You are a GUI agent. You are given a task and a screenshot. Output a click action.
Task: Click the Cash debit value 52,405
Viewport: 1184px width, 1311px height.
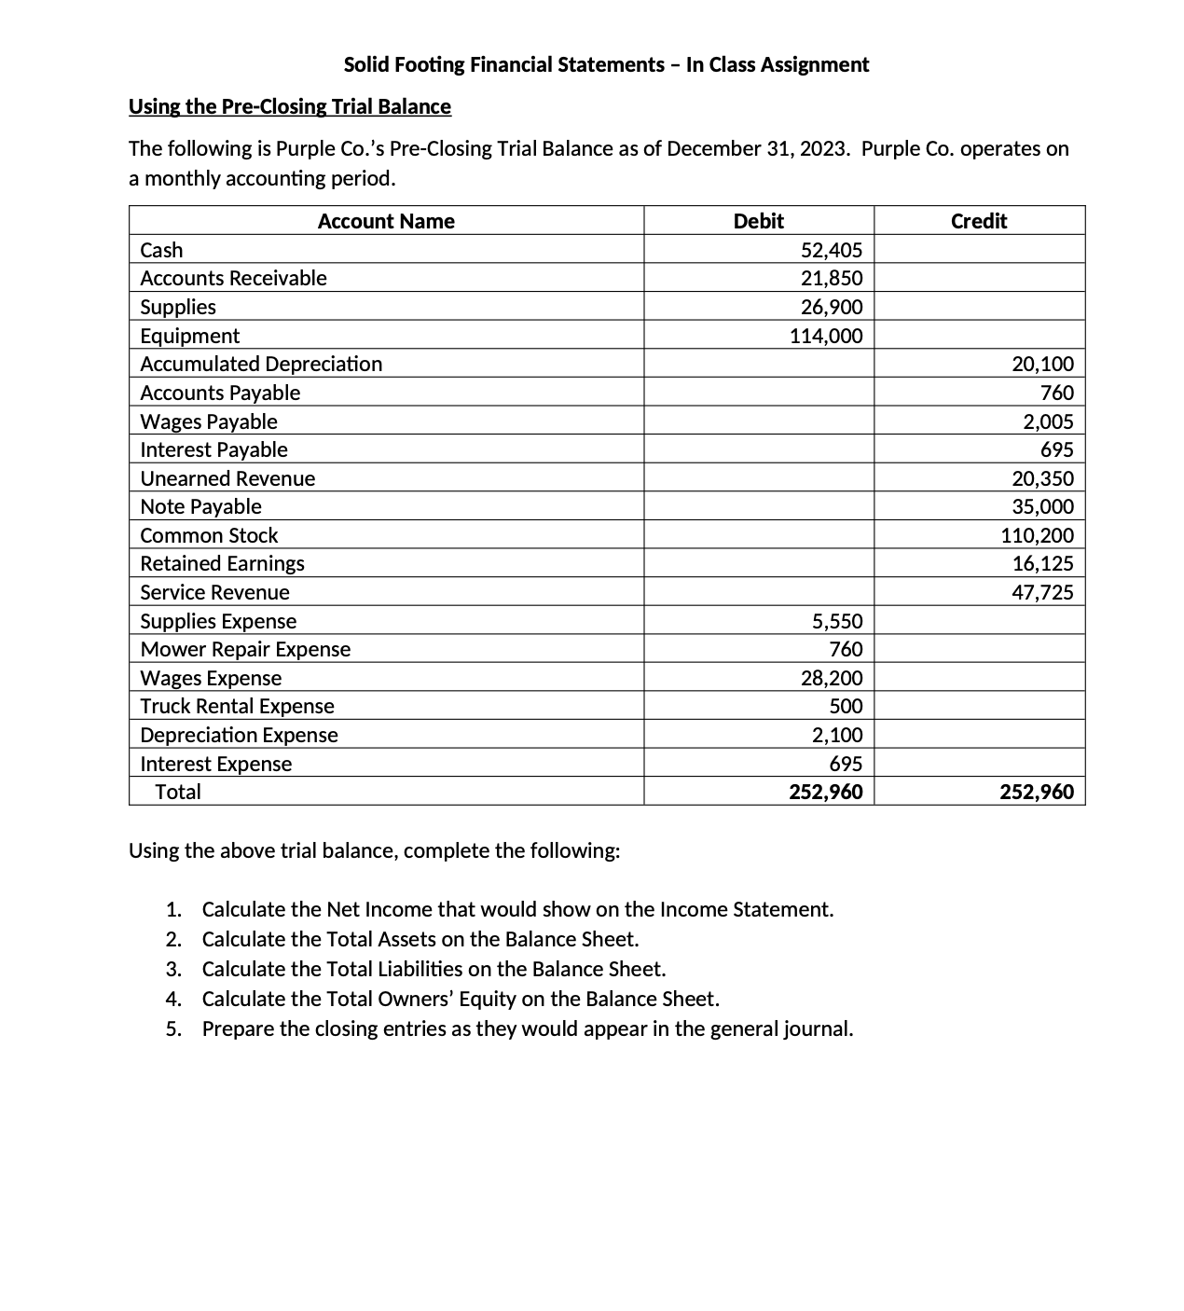832,250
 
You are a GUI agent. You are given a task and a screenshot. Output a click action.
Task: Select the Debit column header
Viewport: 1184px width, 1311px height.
758,221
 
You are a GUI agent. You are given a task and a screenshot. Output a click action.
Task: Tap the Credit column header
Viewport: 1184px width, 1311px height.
979,221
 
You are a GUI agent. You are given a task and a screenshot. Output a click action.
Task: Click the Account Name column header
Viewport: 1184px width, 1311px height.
386,221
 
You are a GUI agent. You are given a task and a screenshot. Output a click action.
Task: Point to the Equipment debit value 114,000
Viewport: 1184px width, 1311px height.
826,336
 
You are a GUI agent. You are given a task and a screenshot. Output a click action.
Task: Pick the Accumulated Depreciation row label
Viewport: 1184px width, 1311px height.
261,364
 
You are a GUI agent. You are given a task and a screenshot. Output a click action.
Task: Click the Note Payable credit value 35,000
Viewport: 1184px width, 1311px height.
1042,506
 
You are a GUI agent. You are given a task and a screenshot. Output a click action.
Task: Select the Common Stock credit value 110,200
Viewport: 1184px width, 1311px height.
1037,535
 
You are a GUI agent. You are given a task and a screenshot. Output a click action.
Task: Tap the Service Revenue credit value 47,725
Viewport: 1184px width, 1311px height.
1042,592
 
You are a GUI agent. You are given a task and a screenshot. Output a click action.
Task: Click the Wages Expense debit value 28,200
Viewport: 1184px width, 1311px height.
832,678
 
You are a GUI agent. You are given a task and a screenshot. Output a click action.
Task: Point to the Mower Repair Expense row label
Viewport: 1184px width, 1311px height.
245,649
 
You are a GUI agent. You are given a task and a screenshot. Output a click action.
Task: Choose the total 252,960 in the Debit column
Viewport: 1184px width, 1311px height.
825,792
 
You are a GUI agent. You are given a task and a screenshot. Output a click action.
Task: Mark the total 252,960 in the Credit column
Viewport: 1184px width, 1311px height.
1036,792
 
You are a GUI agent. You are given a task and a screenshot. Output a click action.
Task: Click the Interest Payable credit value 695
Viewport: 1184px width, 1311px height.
1056,449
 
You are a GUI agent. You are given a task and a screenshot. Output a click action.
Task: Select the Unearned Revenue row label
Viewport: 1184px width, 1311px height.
227,478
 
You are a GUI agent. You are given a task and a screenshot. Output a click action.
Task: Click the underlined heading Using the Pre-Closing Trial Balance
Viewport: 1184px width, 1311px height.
290,106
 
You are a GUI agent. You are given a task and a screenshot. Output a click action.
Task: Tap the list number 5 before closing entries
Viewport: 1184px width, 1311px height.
172,1028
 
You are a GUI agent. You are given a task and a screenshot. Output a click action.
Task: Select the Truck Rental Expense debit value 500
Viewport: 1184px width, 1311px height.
846,706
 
